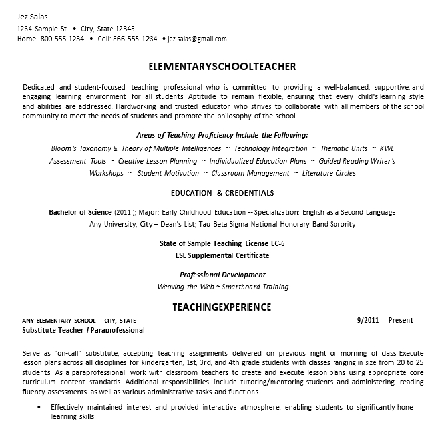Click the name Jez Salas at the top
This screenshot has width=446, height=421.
point(33,17)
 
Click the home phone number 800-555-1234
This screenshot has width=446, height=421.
point(62,39)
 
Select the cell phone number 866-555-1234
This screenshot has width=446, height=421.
point(136,39)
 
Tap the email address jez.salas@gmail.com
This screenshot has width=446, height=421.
point(197,39)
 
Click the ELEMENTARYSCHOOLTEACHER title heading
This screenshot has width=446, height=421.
point(222,67)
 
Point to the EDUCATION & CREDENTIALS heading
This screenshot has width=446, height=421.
point(222,193)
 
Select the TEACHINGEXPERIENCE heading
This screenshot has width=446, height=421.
point(222,307)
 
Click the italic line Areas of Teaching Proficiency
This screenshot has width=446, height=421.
point(222,134)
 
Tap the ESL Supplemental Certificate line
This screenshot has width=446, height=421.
point(222,255)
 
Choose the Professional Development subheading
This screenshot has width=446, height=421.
point(222,275)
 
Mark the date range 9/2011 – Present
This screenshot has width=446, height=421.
point(385,320)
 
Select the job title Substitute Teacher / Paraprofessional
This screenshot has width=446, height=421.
point(83,330)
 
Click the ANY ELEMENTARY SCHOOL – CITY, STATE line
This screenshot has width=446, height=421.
point(79,320)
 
